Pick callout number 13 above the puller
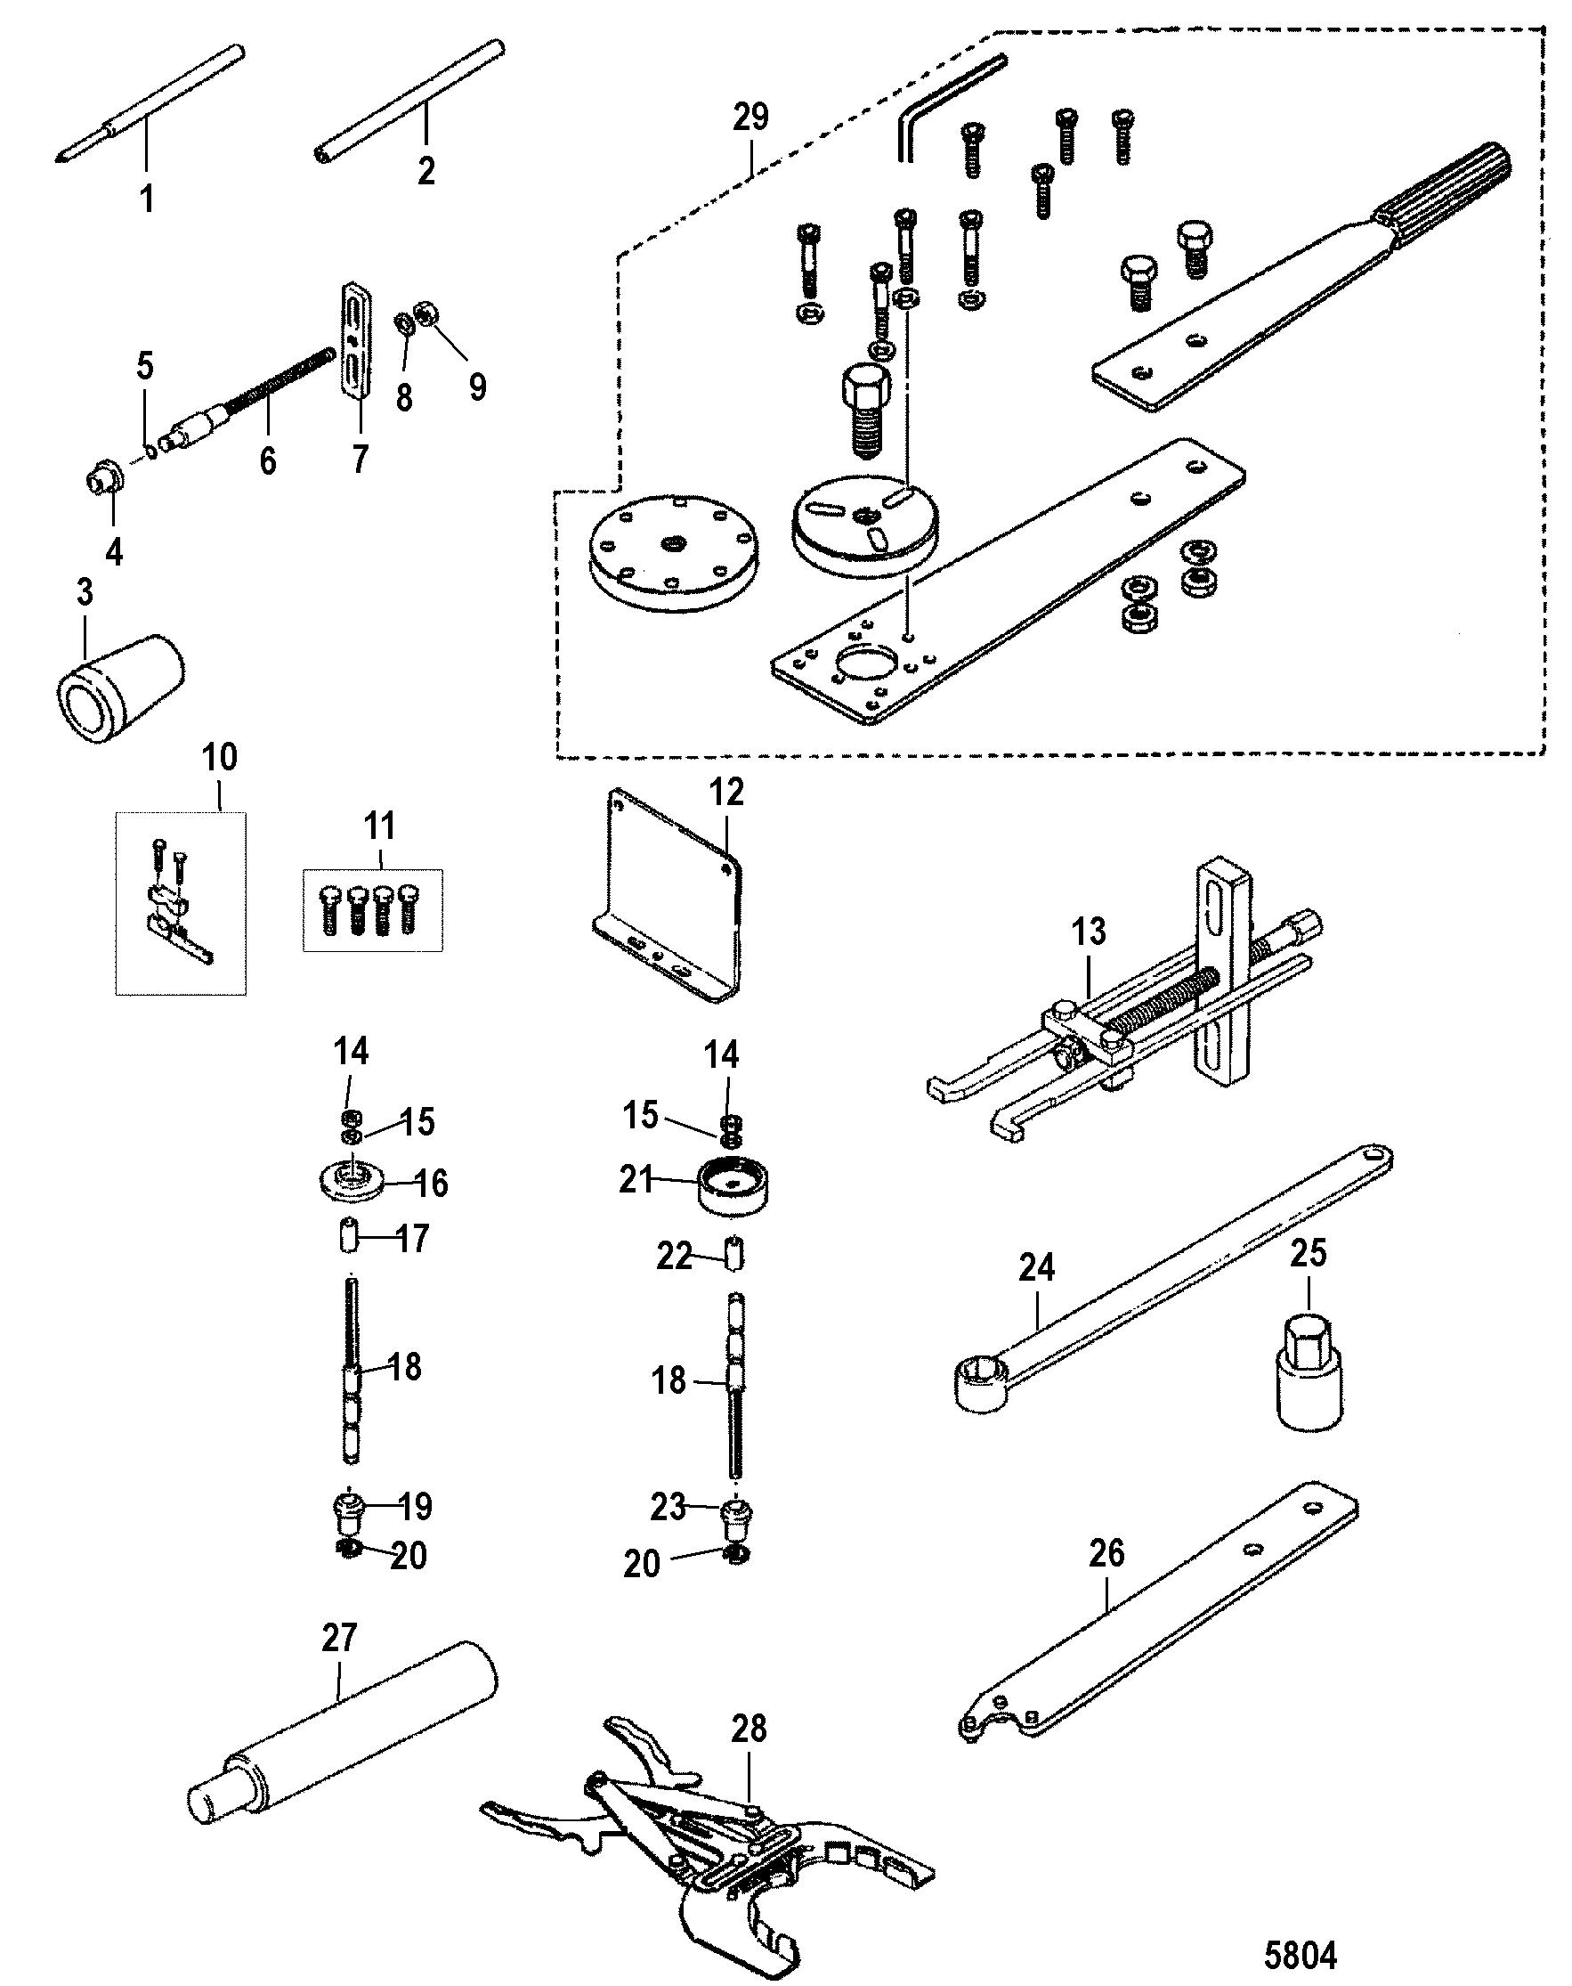pos(1089,932)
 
